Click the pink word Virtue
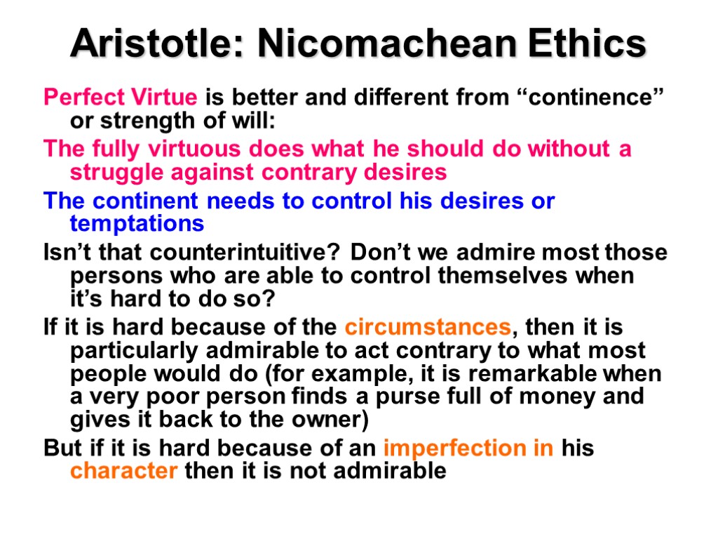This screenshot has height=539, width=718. (x=165, y=97)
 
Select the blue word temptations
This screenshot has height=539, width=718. (x=137, y=225)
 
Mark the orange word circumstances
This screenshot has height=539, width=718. (x=427, y=328)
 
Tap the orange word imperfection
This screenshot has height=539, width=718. (x=468, y=448)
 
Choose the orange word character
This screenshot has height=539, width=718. (x=124, y=471)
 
